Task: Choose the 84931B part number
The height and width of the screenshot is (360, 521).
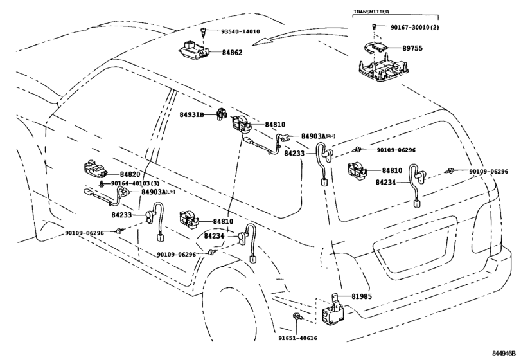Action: point(191,114)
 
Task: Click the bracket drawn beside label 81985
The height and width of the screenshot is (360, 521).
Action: point(336,297)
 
